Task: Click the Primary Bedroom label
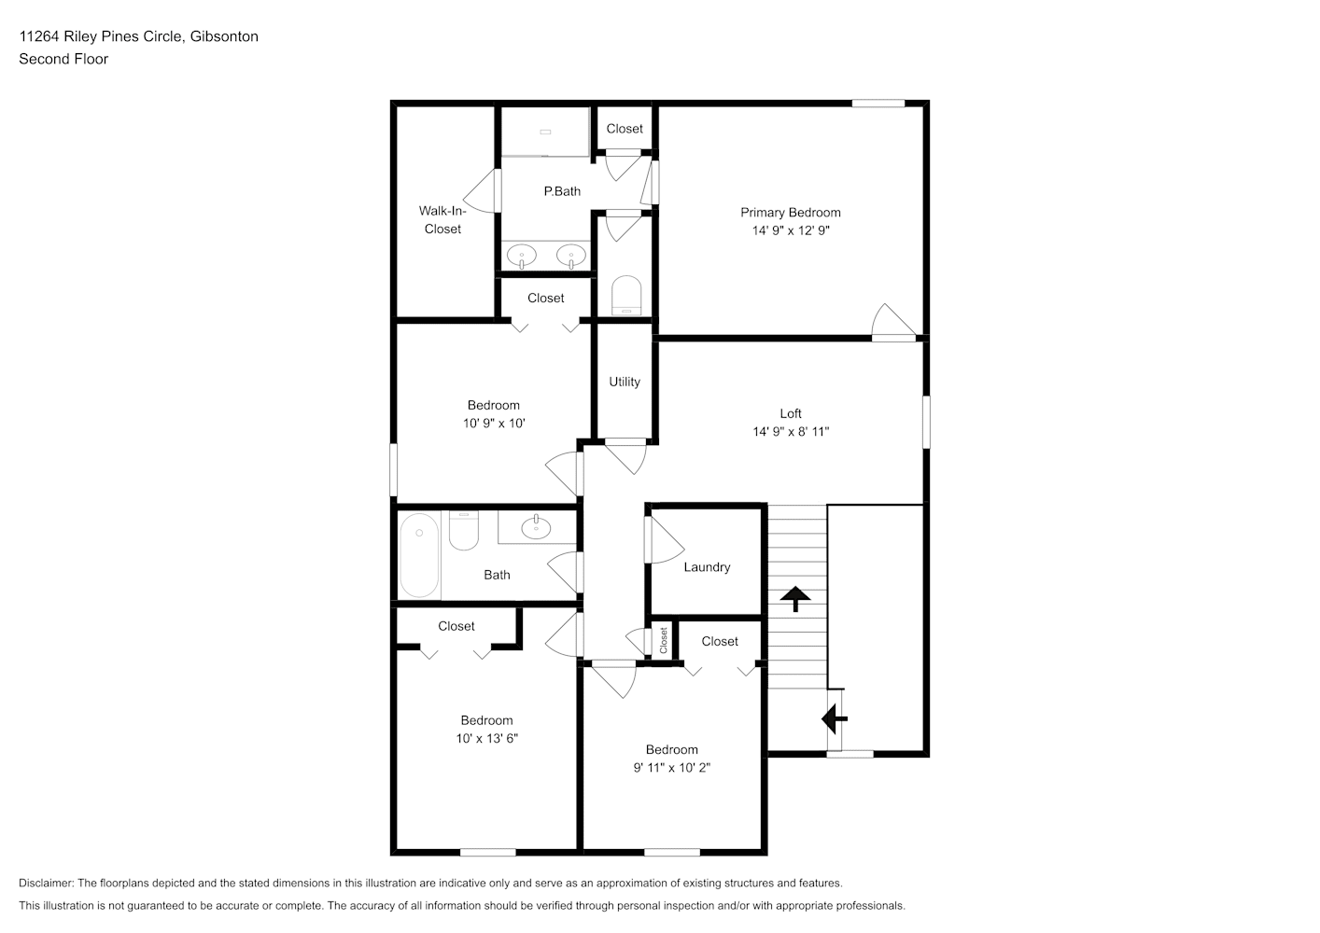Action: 791,213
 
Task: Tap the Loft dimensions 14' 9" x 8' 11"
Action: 791,432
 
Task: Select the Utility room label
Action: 624,382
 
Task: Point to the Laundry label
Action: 707,567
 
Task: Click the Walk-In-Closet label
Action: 442,219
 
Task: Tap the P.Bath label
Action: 562,191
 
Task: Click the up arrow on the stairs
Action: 795,599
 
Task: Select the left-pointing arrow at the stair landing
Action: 834,718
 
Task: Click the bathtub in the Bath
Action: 419,555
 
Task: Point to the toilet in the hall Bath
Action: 464,530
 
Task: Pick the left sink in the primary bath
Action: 522,256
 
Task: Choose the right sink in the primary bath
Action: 571,256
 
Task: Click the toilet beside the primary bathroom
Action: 625,295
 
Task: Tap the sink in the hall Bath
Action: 536,527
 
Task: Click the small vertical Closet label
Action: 663,640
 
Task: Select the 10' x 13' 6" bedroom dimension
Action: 486,738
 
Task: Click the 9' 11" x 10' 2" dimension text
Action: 672,768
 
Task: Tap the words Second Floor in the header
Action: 63,59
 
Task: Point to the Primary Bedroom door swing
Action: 893,321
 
